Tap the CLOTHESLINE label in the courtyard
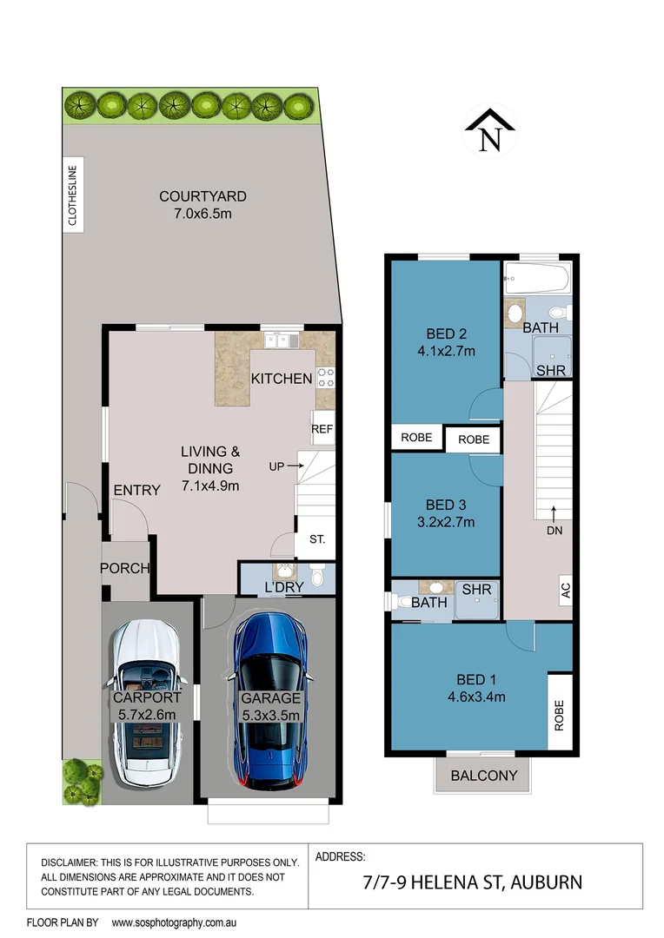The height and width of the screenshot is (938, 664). [73, 196]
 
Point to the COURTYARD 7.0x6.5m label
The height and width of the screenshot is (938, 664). [203, 205]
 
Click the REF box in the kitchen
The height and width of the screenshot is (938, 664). [322, 428]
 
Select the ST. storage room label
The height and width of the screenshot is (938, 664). [316, 539]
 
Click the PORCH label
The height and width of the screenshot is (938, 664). [125, 569]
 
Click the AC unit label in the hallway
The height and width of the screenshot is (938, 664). [564, 590]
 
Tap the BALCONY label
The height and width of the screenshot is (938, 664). [484, 776]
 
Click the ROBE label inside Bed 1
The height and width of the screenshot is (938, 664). [560, 715]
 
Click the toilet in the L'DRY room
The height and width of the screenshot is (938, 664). [317, 576]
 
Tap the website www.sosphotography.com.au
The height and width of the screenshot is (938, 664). [175, 921]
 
